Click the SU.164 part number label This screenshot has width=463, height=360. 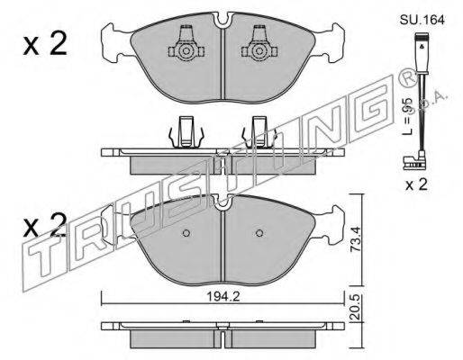[422, 20]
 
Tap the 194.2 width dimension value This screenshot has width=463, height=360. [222, 296]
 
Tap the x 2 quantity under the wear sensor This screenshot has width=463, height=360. [416, 184]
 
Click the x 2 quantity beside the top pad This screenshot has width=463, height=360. [45, 44]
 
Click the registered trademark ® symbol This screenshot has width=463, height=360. [407, 78]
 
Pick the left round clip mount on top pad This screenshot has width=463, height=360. [186, 51]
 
